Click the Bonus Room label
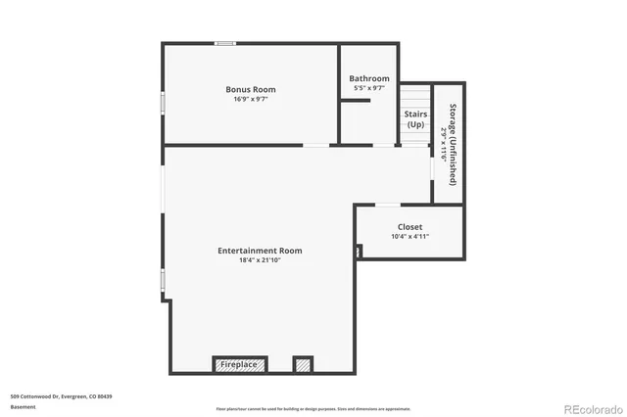point(251,89)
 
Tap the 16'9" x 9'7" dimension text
point(251,99)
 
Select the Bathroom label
point(369,78)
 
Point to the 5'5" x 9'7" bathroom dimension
point(369,88)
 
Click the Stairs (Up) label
point(415,119)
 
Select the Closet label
point(410,226)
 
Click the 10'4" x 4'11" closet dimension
point(410,236)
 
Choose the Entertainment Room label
point(260,251)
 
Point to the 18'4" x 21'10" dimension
point(260,260)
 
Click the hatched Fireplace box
point(239,364)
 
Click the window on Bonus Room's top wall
point(225,43)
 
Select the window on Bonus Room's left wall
point(163,102)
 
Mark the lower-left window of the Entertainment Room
point(163,280)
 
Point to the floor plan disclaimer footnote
point(313,409)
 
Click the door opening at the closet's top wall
point(388,205)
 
